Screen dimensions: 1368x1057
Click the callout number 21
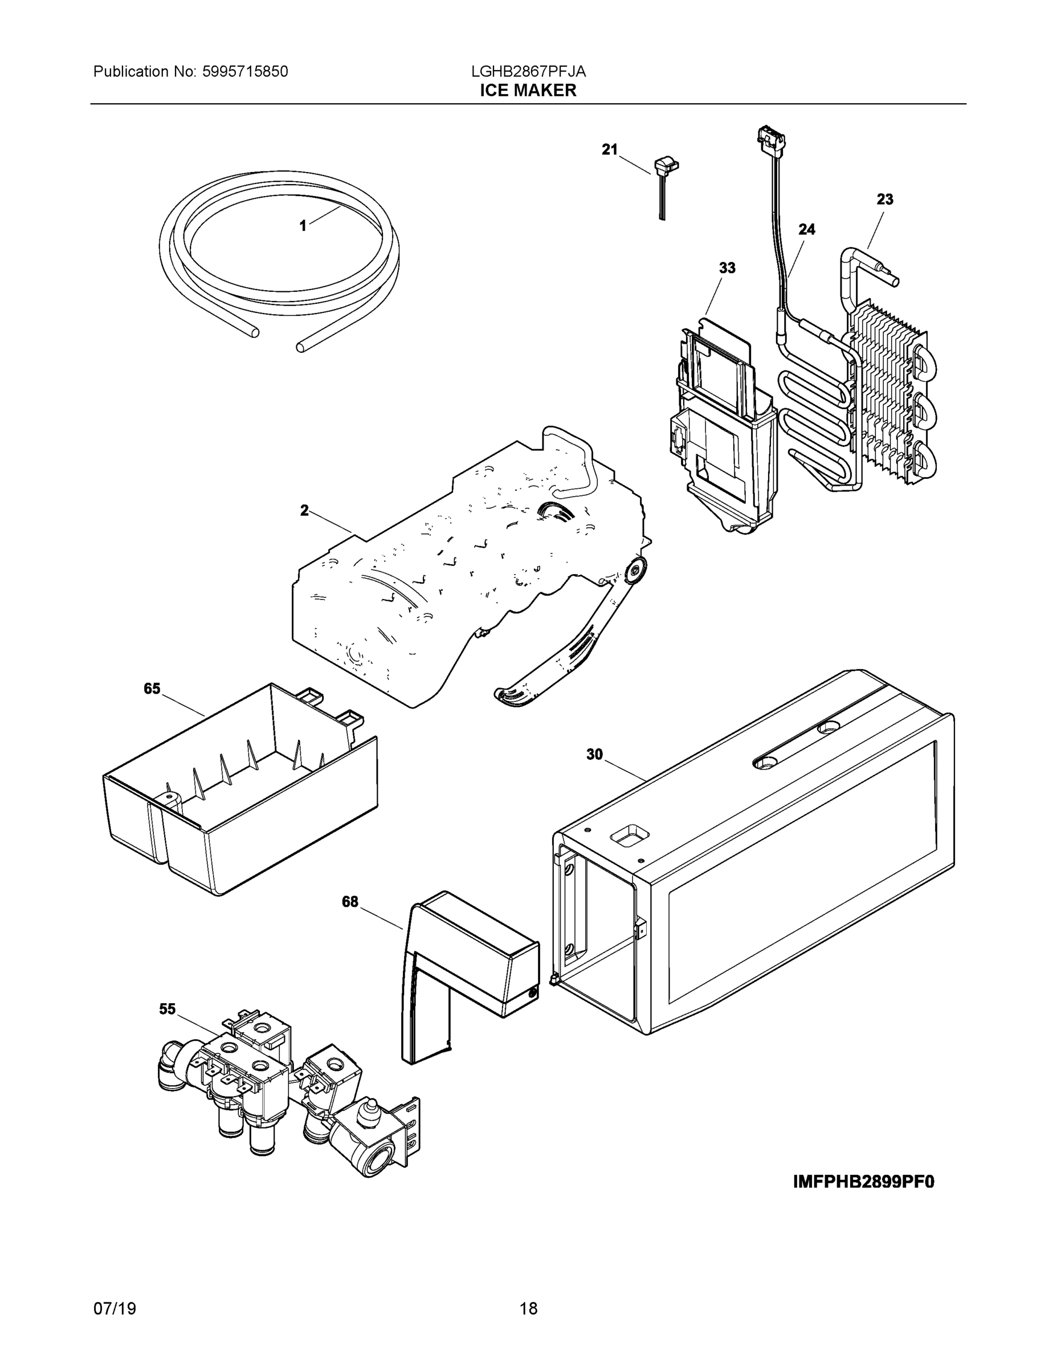609,149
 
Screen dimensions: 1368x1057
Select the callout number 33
727,268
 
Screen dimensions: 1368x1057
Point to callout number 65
152,689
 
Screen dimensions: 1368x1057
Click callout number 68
349,901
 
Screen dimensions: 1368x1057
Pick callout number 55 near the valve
167,1008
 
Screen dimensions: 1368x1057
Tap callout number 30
594,754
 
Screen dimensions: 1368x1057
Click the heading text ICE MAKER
528,90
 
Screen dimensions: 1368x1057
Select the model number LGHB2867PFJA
528,71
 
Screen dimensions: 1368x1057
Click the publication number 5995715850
245,71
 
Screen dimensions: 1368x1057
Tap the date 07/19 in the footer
115,1309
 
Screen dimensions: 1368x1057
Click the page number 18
528,1309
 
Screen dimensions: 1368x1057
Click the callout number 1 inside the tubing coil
303,226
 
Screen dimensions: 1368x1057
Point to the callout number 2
304,511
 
